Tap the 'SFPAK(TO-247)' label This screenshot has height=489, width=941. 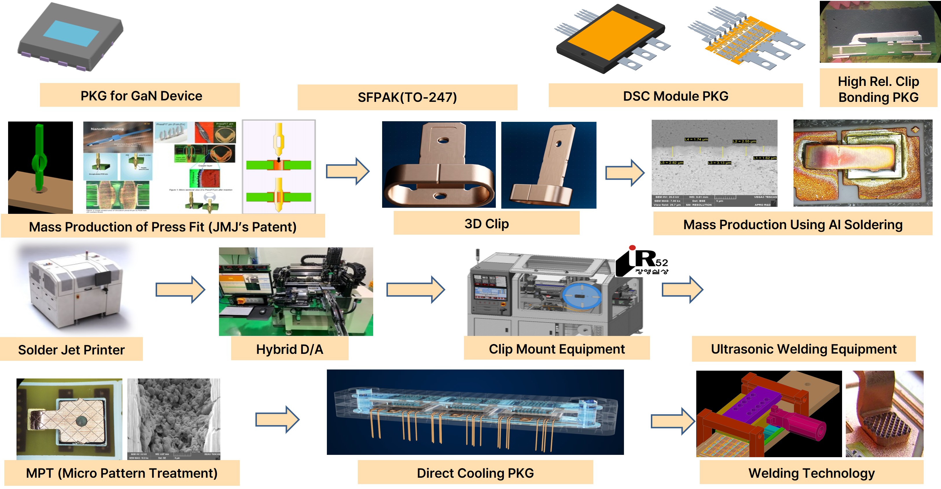pos(407,97)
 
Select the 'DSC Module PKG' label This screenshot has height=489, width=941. pos(675,96)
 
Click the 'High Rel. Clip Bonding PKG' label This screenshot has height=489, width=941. pos(878,89)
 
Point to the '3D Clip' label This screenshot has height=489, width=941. pos(486,223)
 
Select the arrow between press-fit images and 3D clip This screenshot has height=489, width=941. pos(347,171)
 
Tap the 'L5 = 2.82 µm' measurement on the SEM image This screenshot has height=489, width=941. pos(671,163)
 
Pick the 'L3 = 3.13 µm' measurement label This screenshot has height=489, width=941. pos(719,163)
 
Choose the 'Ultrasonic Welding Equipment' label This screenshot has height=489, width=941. pos(803,349)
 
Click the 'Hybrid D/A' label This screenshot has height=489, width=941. pos(289,349)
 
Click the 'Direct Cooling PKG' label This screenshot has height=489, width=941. pos(475,473)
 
